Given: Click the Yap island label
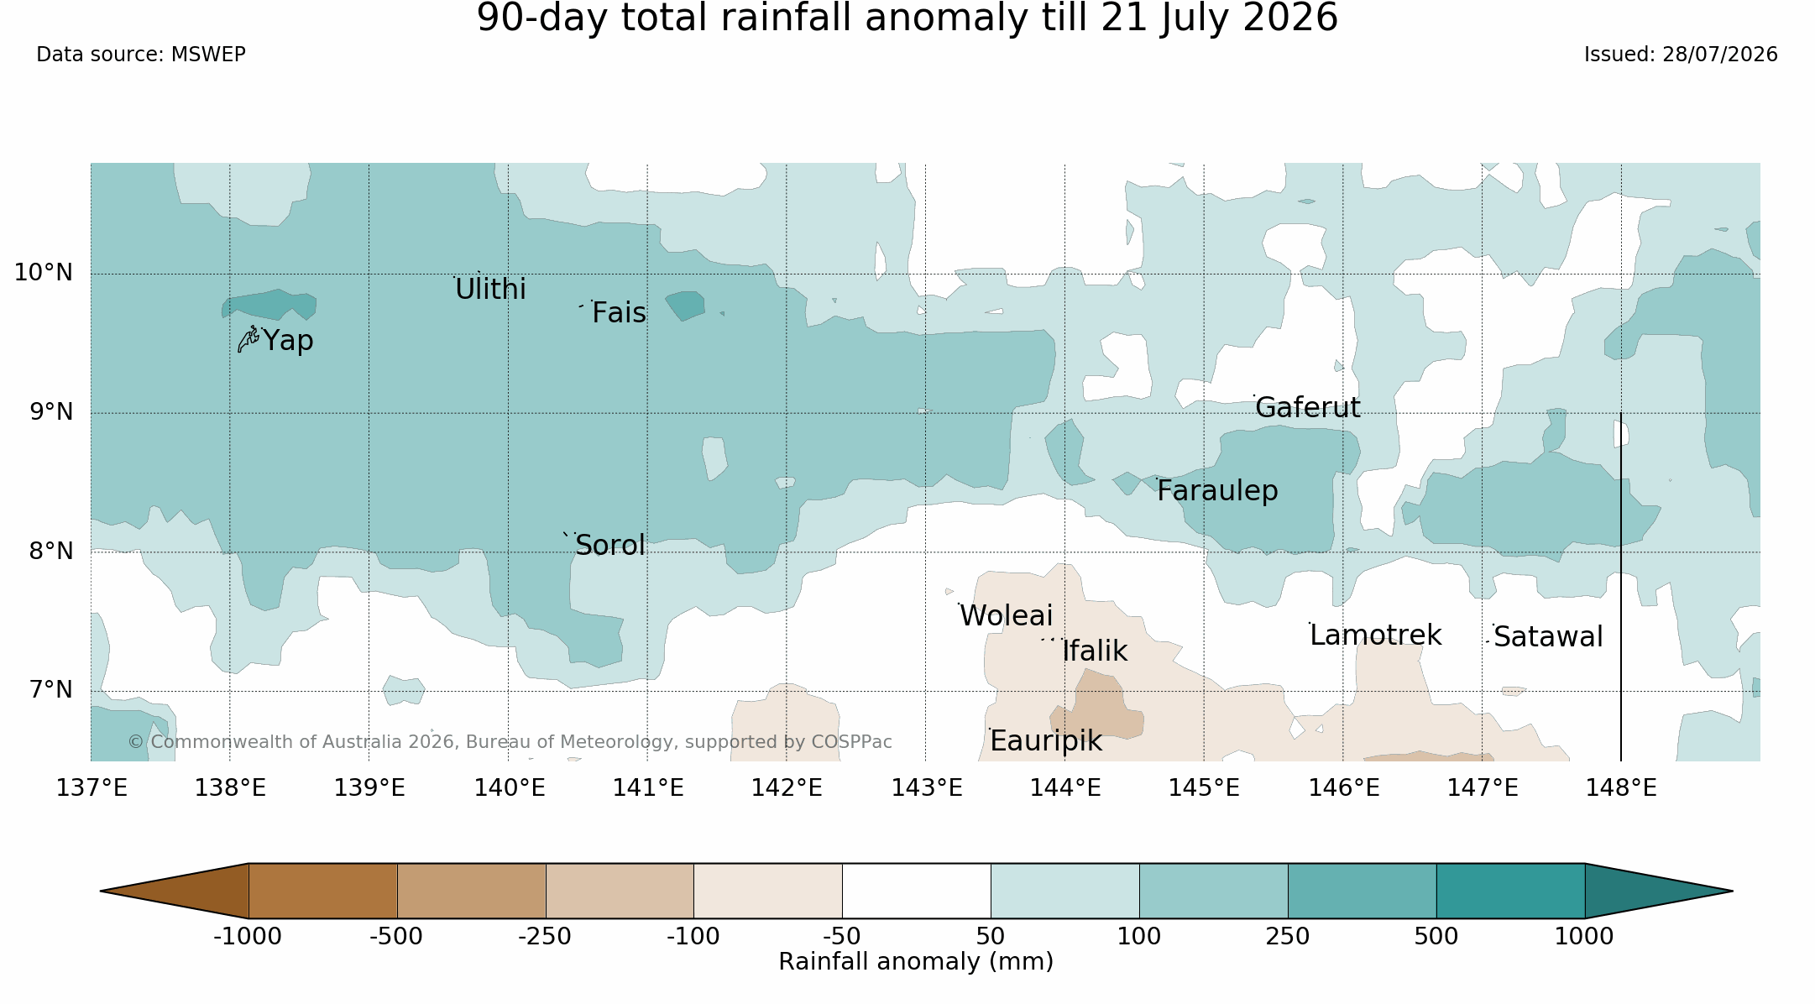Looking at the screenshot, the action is [x=288, y=341].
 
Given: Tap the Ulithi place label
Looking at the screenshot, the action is [x=490, y=290].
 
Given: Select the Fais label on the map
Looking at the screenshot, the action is [x=619, y=313].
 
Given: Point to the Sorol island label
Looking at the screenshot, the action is [x=610, y=546].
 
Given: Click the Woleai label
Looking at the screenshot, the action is [x=1006, y=616].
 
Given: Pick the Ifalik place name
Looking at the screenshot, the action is [x=1095, y=651].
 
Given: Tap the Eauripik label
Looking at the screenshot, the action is [x=1045, y=741].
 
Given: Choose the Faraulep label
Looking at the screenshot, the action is [x=1217, y=491].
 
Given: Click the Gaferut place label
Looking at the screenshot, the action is [x=1307, y=408].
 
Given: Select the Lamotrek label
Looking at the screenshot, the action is [x=1375, y=635].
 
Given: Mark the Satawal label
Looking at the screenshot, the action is [x=1548, y=637].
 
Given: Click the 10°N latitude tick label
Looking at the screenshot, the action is [x=44, y=273].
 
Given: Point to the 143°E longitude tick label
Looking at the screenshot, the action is [x=926, y=788].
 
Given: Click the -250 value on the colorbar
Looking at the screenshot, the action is [x=545, y=936].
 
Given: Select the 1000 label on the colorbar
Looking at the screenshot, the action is [x=1584, y=936].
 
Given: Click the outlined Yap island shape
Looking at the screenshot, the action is [x=248, y=339].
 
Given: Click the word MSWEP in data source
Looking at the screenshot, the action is [x=208, y=55].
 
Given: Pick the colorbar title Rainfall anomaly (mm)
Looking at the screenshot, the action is [x=916, y=962].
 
